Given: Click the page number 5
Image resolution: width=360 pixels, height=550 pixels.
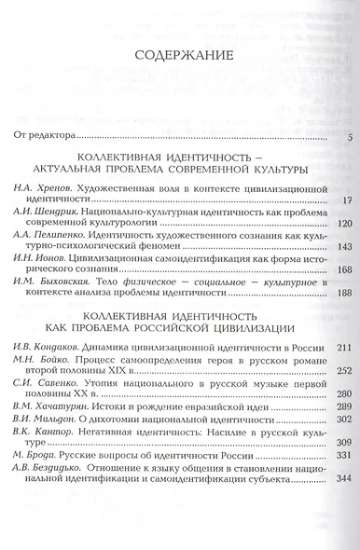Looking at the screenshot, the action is point(347,140).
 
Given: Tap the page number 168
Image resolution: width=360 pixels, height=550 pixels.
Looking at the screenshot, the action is point(341,269).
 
